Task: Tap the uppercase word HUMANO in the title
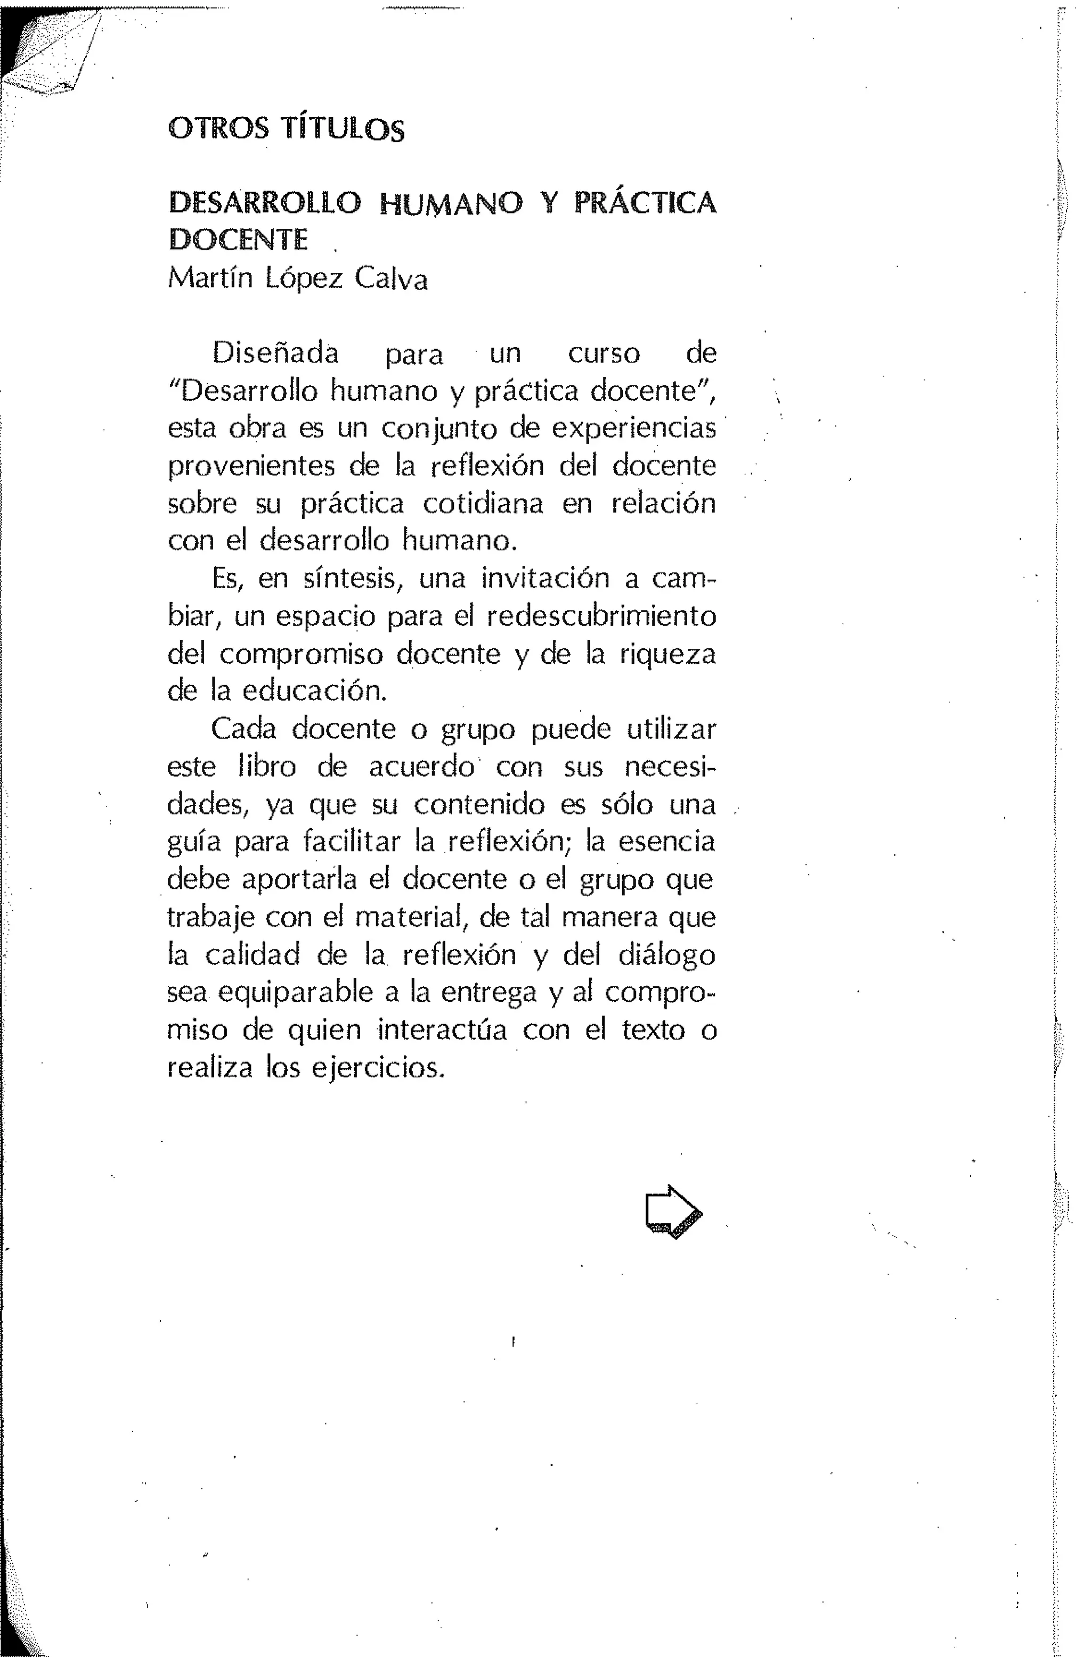click(451, 203)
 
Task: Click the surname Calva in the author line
click(391, 279)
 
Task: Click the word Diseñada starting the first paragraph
click(275, 353)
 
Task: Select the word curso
click(604, 353)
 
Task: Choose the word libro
click(267, 766)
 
